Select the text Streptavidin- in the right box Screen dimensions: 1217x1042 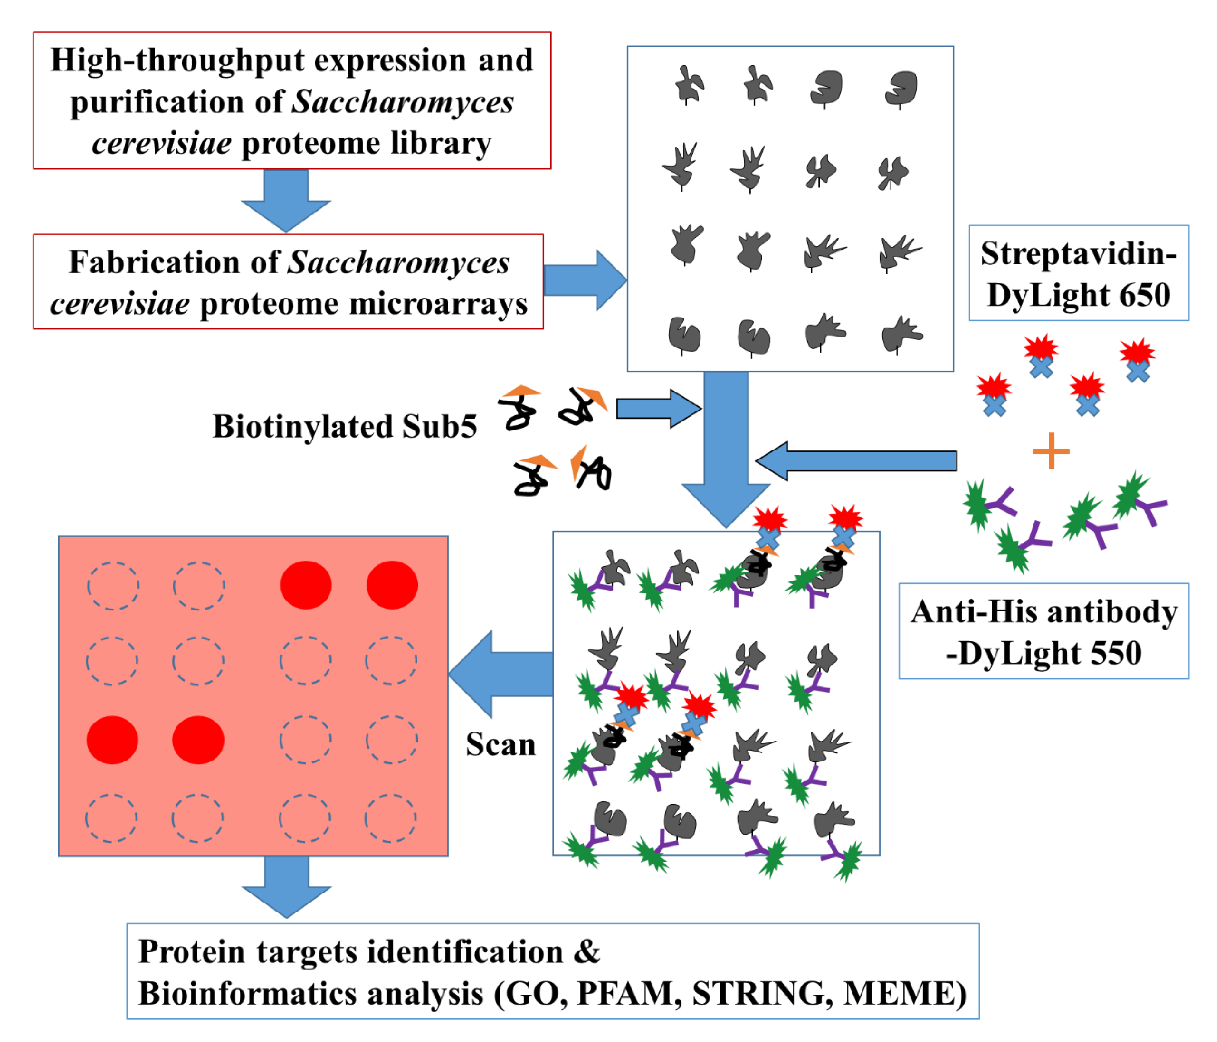coord(1078,254)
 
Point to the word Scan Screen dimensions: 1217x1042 coord(501,744)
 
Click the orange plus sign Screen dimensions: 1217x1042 coord(1051,451)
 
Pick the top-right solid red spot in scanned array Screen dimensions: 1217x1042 coord(392,585)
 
